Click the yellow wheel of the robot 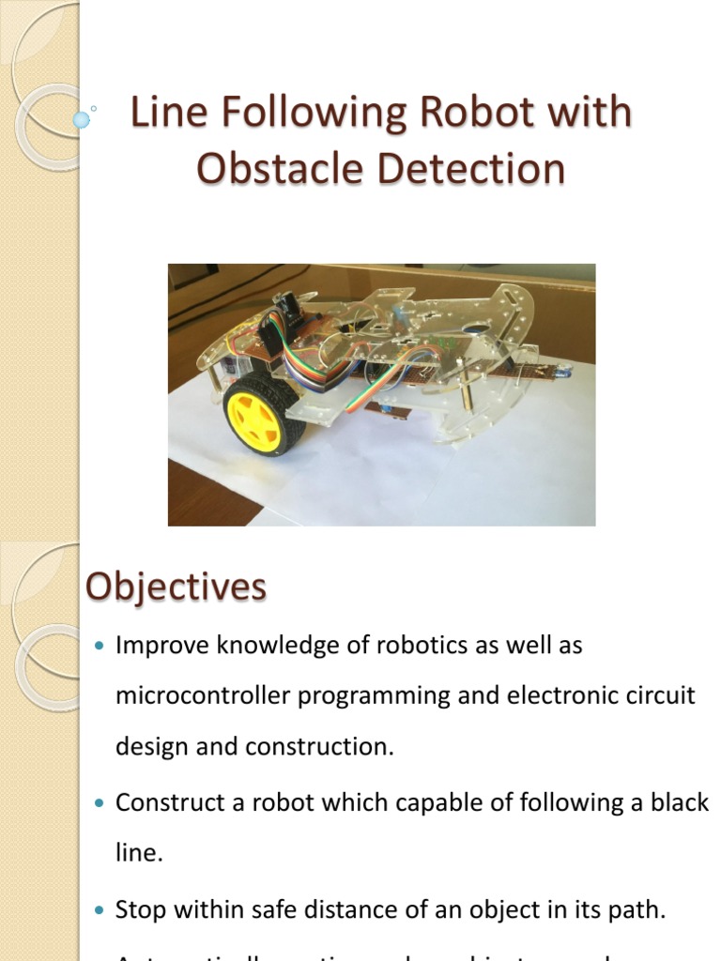[x=255, y=414]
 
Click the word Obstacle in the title [x=280, y=170]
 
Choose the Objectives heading [x=176, y=587]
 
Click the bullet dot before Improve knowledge [x=101, y=647]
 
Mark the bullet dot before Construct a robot [x=101, y=803]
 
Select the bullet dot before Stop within [x=101, y=910]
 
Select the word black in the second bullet [x=675, y=802]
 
